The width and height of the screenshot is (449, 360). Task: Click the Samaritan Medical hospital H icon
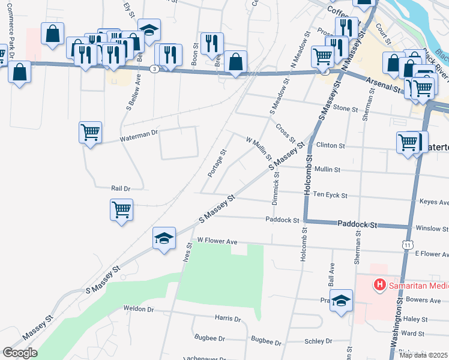[x=379, y=284]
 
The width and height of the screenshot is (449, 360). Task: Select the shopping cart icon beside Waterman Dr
[x=90, y=131]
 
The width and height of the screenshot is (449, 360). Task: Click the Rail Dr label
[x=121, y=188]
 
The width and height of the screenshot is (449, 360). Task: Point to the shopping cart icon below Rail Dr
[x=121, y=210]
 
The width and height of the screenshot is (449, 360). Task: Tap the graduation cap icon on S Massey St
[x=164, y=238]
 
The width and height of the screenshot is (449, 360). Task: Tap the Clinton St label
[x=331, y=146]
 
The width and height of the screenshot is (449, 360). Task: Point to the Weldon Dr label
[x=139, y=309]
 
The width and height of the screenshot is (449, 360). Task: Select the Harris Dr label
[x=228, y=320]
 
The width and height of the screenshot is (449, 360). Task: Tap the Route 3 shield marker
[x=155, y=69]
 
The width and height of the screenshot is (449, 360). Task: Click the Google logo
[x=20, y=353]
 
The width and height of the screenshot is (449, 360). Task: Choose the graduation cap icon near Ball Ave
[x=341, y=301]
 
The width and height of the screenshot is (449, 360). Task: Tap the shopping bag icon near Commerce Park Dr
[x=20, y=73]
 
